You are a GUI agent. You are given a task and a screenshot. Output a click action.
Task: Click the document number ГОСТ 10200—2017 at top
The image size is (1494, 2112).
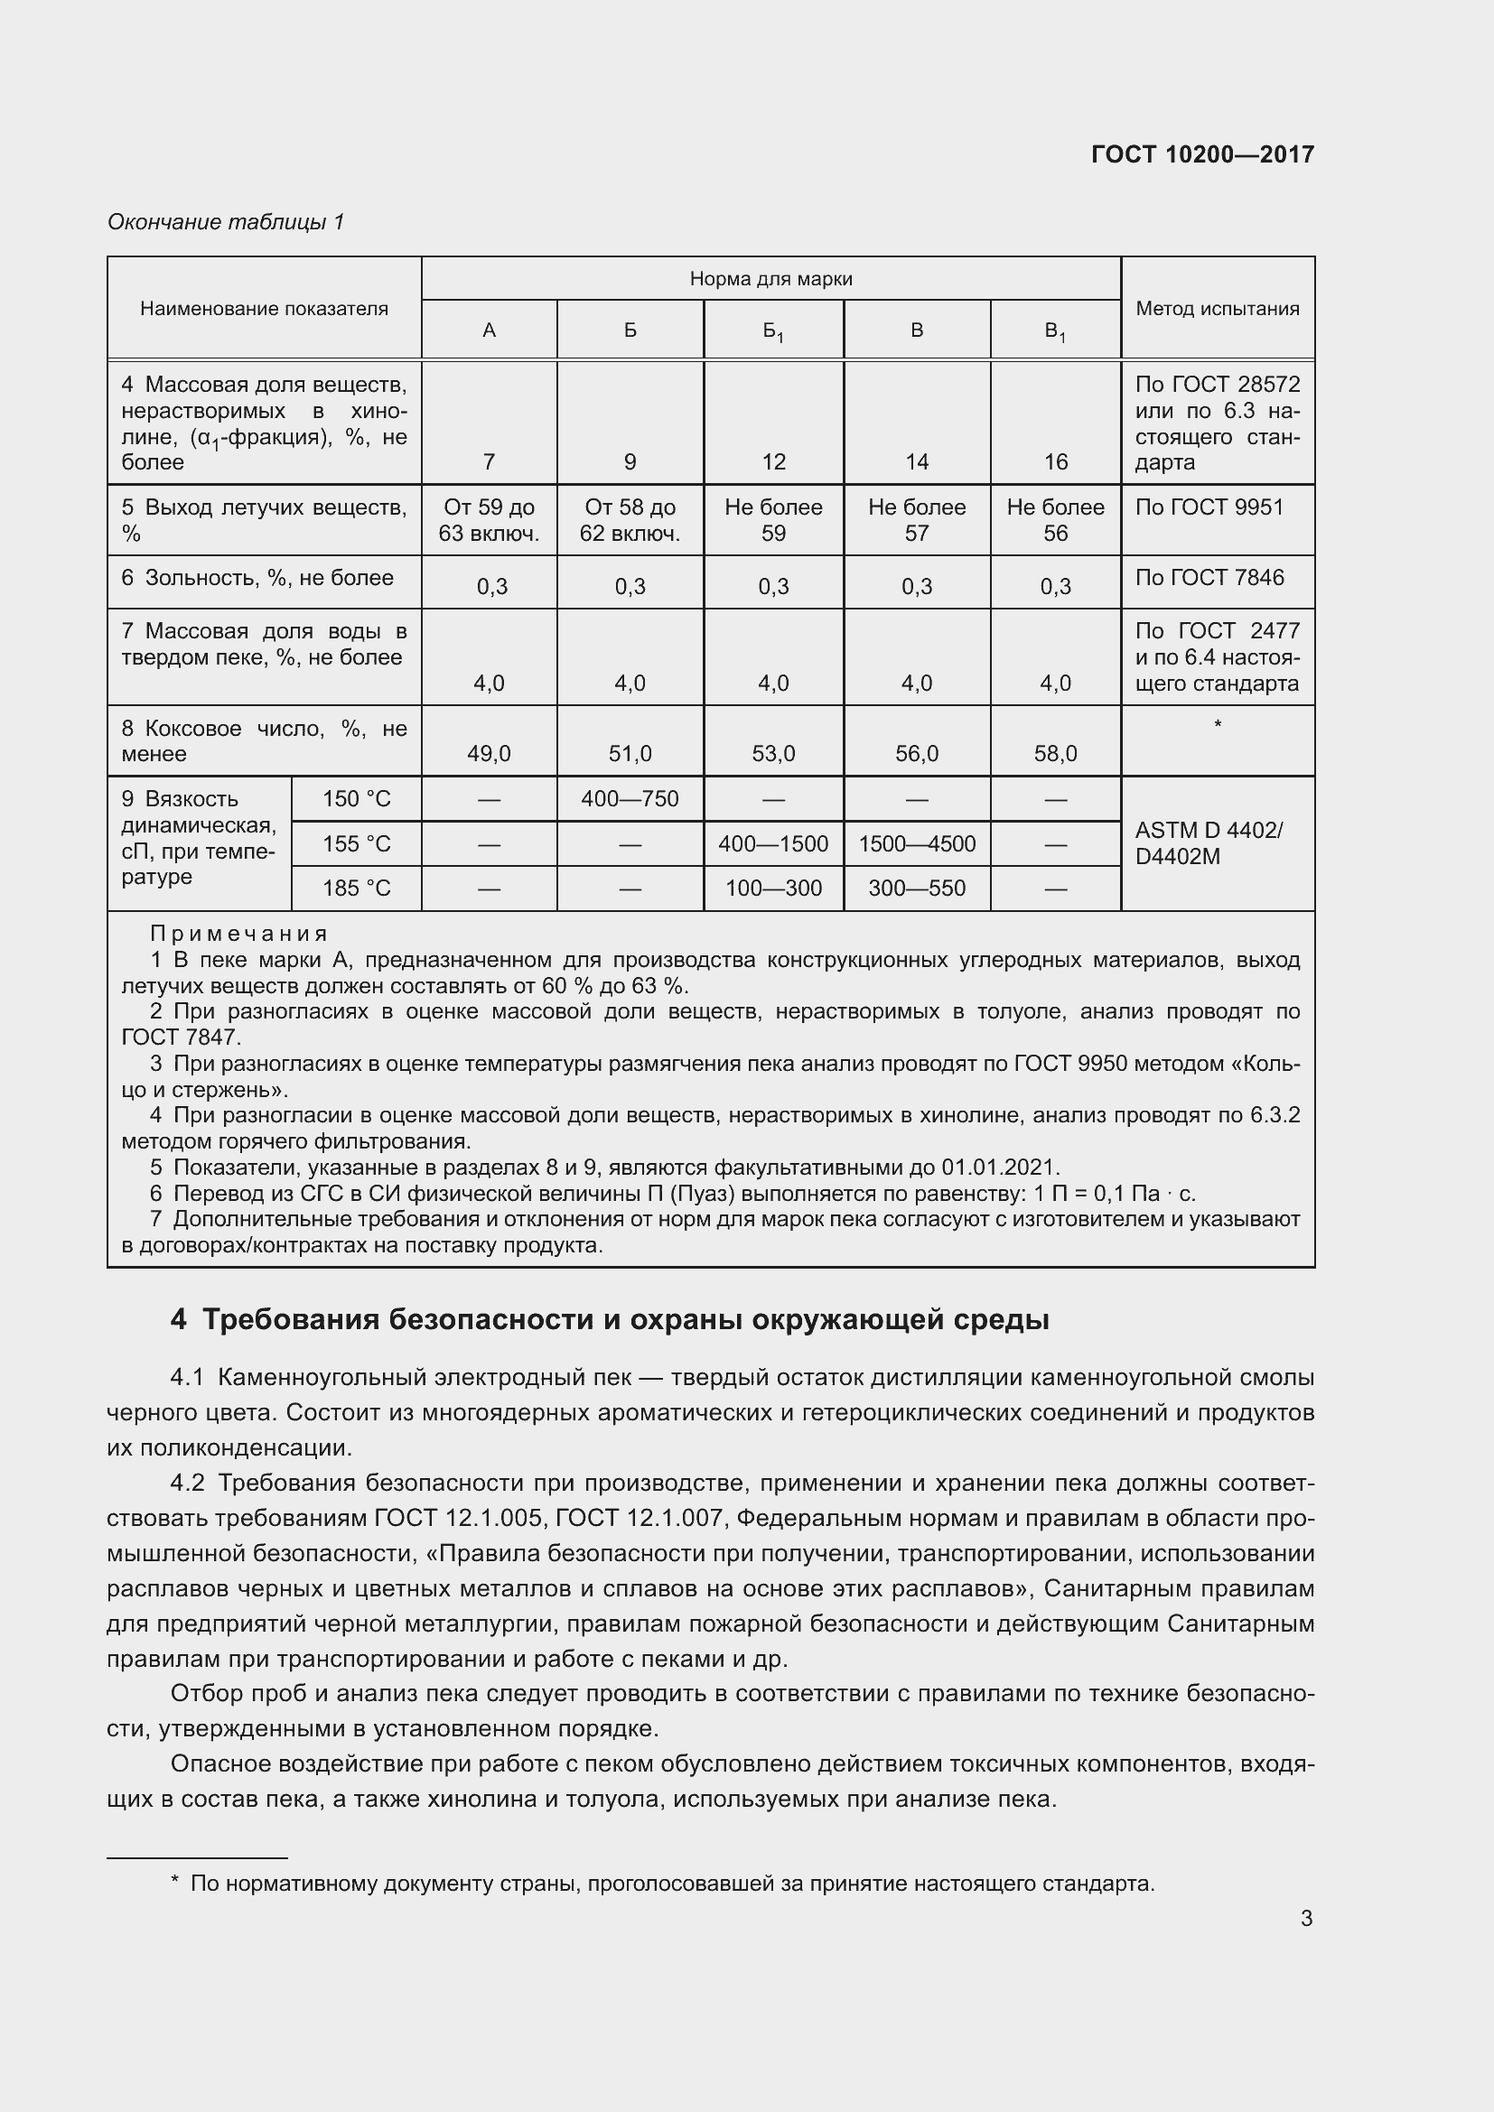pyautogui.click(x=1202, y=154)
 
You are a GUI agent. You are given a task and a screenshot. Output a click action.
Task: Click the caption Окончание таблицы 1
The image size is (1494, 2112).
pyautogui.click(x=226, y=222)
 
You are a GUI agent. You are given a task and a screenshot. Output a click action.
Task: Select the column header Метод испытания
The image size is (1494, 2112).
pyautogui.click(x=1217, y=308)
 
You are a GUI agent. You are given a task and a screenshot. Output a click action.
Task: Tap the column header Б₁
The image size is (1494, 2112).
pyautogui.click(x=773, y=331)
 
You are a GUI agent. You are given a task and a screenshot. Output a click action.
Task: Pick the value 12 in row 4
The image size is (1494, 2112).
pyautogui.click(x=773, y=461)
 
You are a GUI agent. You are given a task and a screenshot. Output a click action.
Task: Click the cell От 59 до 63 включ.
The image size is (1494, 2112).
pyautogui.click(x=489, y=520)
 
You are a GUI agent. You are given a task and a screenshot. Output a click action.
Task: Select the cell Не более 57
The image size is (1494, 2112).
pyautogui.click(x=916, y=520)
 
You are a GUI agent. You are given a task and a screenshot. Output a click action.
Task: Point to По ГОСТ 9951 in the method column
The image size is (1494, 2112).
pyautogui.click(x=1209, y=507)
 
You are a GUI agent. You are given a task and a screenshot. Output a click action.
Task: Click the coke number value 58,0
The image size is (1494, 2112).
pyautogui.click(x=1055, y=753)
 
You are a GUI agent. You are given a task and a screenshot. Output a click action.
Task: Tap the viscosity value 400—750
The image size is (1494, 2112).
pyautogui.click(x=630, y=798)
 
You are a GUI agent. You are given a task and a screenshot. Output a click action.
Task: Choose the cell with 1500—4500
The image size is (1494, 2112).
pyautogui.click(x=916, y=843)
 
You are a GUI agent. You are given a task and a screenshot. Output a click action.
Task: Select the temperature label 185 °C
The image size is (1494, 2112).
pyautogui.click(x=356, y=888)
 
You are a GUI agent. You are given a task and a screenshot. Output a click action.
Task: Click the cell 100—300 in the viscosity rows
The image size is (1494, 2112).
pyautogui.click(x=773, y=888)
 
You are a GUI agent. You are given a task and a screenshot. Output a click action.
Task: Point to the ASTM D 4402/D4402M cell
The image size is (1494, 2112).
pyautogui.click(x=1208, y=842)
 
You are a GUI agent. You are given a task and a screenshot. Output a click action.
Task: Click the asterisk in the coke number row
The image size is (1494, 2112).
pyautogui.click(x=1217, y=725)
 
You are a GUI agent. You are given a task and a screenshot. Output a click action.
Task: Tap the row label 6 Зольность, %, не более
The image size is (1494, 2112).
pyautogui.click(x=257, y=578)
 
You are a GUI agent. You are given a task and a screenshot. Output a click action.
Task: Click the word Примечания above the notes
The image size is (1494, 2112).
pyautogui.click(x=238, y=934)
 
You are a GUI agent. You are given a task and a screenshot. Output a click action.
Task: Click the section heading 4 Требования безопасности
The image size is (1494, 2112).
pyautogui.click(x=609, y=1320)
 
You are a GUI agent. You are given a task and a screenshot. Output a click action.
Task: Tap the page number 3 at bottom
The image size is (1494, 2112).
pyautogui.click(x=1305, y=1918)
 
